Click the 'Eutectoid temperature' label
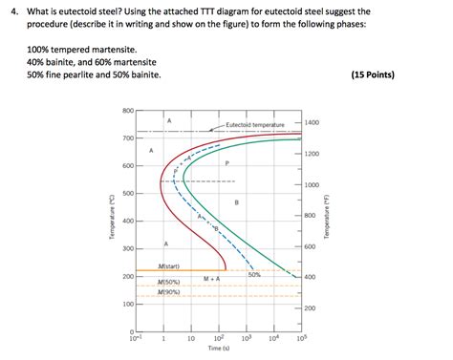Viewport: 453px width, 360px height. pyautogui.click(x=255, y=125)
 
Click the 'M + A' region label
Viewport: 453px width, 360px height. pyautogui.click(x=212, y=278)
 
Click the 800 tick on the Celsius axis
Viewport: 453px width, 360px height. pyautogui.click(x=127, y=112)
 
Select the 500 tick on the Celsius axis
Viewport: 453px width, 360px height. pyautogui.click(x=127, y=194)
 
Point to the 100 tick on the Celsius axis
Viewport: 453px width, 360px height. pyautogui.click(x=127, y=305)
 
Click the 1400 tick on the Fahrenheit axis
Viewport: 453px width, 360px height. pyautogui.click(x=313, y=124)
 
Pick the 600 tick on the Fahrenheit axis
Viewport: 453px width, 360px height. pyautogui.click(x=311, y=246)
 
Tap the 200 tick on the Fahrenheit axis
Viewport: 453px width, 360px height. pyautogui.click(x=311, y=308)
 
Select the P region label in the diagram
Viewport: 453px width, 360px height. pyautogui.click(x=227, y=163)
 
